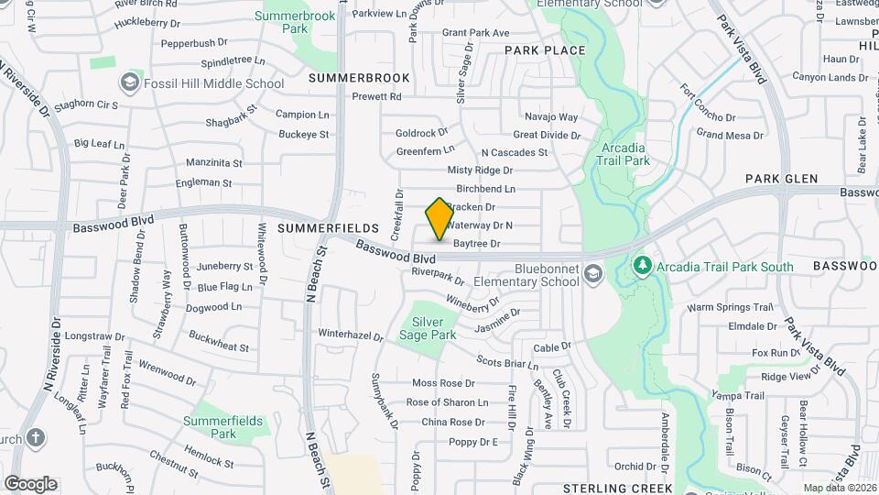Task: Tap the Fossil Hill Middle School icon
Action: pyautogui.click(x=131, y=83)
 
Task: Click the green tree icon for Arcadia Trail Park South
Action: pyautogui.click(x=643, y=267)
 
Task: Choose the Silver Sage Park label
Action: pyautogui.click(x=434, y=328)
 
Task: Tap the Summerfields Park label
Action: pyautogui.click(x=223, y=427)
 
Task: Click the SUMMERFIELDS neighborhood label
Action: pyautogui.click(x=328, y=227)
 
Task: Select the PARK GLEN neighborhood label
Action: pyautogui.click(x=780, y=179)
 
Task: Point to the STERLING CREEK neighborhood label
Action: pyautogui.click(x=617, y=489)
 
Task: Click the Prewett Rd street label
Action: pyautogui.click(x=376, y=96)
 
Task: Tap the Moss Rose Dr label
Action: pyautogui.click(x=443, y=382)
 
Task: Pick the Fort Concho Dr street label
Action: pyautogui.click(x=708, y=104)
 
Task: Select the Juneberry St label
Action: pyautogui.click(x=224, y=266)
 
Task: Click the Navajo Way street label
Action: pyautogui.click(x=551, y=117)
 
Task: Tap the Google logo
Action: pyautogui.click(x=30, y=484)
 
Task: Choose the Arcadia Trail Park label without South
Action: pyautogui.click(x=626, y=154)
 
